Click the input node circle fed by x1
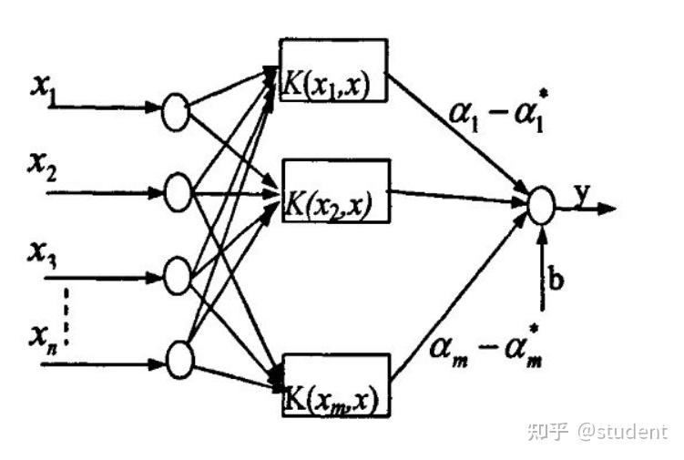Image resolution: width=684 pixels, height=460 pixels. pyautogui.click(x=175, y=113)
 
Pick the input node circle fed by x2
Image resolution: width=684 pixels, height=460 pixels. pyautogui.click(x=178, y=192)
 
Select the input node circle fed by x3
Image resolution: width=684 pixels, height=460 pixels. pyautogui.click(x=178, y=273)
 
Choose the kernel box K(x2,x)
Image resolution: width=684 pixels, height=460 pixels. pyautogui.click(x=334, y=191)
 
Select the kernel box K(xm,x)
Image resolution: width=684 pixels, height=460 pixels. pyautogui.click(x=335, y=385)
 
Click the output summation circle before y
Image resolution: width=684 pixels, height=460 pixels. pyautogui.click(x=541, y=206)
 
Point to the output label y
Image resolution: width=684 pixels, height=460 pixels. pyautogui.click(x=583, y=193)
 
